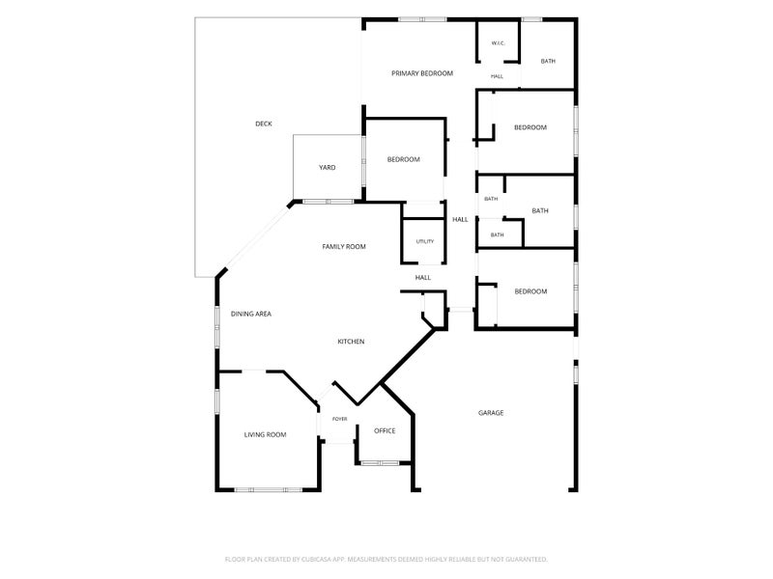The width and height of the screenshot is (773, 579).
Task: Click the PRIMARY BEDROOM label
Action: (x=422, y=73)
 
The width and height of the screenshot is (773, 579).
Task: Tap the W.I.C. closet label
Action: (x=498, y=43)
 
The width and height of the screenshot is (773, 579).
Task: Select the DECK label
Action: (x=264, y=124)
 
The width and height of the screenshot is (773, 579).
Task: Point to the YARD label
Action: (x=327, y=167)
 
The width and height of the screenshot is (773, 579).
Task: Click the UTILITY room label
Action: (x=425, y=241)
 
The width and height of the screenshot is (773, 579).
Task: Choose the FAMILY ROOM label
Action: (x=344, y=247)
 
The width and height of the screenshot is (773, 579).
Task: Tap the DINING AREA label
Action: (x=251, y=314)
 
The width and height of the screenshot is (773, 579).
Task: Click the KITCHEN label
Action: (x=351, y=342)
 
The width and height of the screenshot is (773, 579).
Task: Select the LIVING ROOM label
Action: (x=265, y=435)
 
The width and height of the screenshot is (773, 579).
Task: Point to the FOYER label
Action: (x=340, y=419)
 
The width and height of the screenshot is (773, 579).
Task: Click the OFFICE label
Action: (x=385, y=430)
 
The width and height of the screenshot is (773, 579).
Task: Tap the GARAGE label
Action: (x=491, y=413)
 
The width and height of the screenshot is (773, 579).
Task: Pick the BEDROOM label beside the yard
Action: (x=403, y=159)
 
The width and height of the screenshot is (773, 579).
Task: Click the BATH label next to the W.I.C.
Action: (x=548, y=61)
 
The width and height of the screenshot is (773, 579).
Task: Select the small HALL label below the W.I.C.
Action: (x=497, y=76)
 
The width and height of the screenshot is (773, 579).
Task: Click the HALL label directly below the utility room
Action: (x=423, y=278)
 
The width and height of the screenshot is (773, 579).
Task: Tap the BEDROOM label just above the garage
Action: (x=530, y=291)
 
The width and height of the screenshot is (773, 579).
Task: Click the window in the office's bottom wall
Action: (x=380, y=463)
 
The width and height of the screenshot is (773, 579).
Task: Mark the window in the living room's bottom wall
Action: (x=269, y=490)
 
